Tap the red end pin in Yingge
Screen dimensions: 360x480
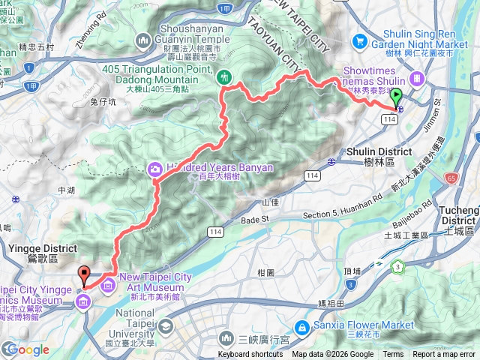[83, 274]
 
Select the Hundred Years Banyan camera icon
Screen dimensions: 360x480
[155, 169]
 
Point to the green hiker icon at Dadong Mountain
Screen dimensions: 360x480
[224, 76]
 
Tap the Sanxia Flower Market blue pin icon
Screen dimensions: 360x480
[301, 326]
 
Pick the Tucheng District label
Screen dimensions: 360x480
[459, 215]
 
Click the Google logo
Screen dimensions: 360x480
[26, 349]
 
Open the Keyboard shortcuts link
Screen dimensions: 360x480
[250, 355]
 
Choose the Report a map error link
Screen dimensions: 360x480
[444, 355]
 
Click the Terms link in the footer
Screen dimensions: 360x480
[393, 355]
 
